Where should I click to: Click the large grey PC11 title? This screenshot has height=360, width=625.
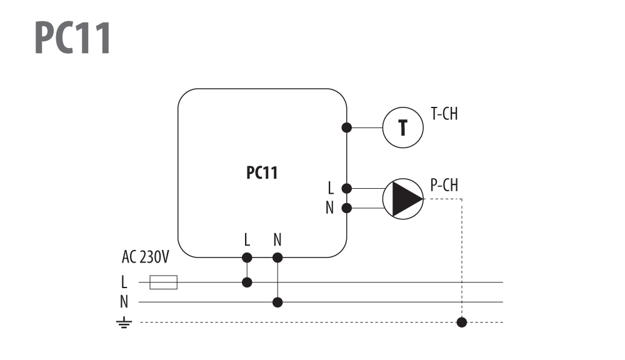[x=72, y=37]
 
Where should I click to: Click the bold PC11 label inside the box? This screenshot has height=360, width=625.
[x=262, y=172]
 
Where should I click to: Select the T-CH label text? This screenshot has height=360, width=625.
[x=444, y=114]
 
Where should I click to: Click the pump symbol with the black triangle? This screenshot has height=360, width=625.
[x=403, y=199]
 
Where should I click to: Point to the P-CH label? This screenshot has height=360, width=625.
[x=444, y=185]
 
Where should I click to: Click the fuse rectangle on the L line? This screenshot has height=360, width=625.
[x=163, y=282]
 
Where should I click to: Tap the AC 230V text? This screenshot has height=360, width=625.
[x=146, y=257]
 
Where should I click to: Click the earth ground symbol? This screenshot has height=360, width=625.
[x=124, y=322]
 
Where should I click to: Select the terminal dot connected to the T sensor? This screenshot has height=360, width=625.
[x=347, y=127]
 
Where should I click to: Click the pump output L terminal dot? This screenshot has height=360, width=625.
[x=347, y=188]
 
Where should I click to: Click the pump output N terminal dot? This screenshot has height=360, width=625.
[x=347, y=207]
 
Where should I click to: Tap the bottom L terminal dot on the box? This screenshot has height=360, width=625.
[x=247, y=257]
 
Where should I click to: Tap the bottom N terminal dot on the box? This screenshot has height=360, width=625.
[x=277, y=257]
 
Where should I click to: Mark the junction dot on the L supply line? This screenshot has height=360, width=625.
[x=247, y=282]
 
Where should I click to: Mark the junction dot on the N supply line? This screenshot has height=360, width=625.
[x=277, y=302]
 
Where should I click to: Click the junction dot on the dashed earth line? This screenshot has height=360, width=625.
[x=462, y=322]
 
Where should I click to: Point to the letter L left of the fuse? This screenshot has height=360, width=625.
[x=124, y=282]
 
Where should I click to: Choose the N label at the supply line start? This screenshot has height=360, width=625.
[x=124, y=302]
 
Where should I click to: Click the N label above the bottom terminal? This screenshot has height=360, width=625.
[x=277, y=240]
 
